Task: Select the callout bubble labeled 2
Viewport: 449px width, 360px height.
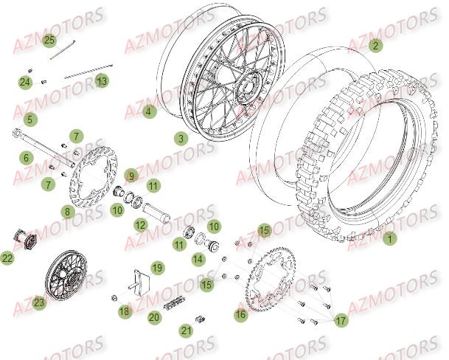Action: click(x=376, y=45)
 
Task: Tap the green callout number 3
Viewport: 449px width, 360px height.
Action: click(x=181, y=137)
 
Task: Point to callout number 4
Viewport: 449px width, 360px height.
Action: click(x=149, y=112)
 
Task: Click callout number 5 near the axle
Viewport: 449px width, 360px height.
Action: click(x=29, y=119)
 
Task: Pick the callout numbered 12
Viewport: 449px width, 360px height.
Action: click(x=139, y=224)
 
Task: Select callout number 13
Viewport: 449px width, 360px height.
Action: click(x=102, y=80)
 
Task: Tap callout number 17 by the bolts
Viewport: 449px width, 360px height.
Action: click(x=340, y=321)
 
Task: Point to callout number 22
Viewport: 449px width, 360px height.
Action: click(x=7, y=258)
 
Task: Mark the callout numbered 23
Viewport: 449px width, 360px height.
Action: click(x=38, y=301)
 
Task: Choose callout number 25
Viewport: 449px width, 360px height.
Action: click(x=49, y=39)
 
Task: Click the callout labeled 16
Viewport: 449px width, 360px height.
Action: click(x=240, y=314)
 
